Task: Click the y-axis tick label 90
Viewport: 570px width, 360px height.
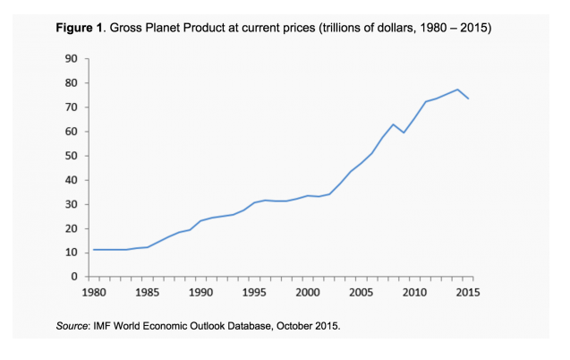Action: click(x=71, y=59)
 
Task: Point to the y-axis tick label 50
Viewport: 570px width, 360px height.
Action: click(x=71, y=156)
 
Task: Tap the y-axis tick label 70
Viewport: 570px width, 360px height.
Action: click(x=71, y=107)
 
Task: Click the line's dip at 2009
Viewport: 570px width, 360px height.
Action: click(x=404, y=133)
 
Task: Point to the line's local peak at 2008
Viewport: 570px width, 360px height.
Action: click(x=394, y=124)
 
